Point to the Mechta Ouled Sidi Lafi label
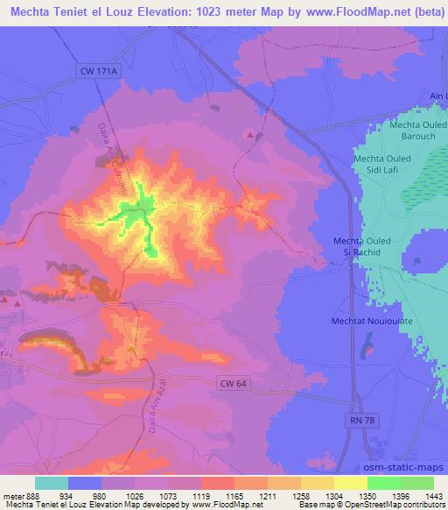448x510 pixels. (388, 164)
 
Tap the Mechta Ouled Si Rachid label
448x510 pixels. (367, 246)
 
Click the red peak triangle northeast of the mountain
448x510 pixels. (251, 134)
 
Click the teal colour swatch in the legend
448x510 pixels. (52, 483)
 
